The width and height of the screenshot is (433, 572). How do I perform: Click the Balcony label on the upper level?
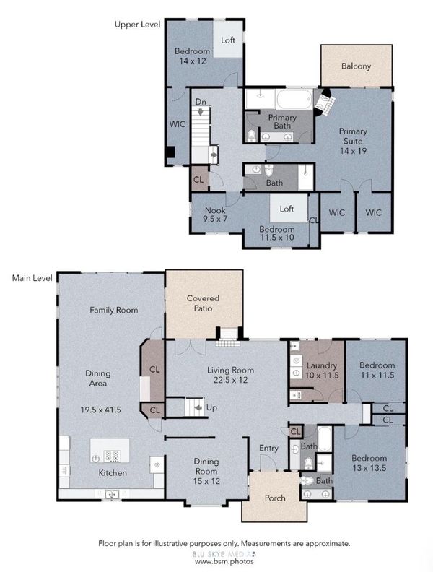tap(356, 66)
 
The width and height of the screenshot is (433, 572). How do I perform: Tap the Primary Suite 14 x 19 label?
tap(353, 141)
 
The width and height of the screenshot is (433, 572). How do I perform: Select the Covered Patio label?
tap(203, 303)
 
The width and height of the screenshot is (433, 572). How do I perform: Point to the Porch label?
tap(275, 498)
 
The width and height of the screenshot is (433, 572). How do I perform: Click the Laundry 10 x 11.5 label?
tap(322, 370)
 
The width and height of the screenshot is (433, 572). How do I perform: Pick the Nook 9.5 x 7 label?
tap(215, 214)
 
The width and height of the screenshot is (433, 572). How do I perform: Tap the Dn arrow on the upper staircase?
tap(200, 112)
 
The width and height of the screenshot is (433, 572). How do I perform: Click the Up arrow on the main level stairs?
tap(198, 407)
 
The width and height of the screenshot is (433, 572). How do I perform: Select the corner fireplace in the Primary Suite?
tap(324, 103)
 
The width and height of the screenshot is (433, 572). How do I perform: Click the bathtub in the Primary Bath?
tap(294, 99)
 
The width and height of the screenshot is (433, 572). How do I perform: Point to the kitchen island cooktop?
tap(112, 456)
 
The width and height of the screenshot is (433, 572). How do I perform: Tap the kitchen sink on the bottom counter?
tap(113, 494)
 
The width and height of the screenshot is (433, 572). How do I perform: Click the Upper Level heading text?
tap(137, 25)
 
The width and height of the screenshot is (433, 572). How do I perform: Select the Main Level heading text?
tap(32, 278)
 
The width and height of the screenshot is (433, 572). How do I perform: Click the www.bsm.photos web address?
tap(224, 562)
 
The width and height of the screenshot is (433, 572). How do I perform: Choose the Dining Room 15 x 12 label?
tap(206, 471)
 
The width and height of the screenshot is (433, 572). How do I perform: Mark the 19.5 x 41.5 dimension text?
tap(100, 409)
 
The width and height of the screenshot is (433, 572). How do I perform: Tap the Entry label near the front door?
tap(268, 448)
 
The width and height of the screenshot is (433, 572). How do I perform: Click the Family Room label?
tap(114, 310)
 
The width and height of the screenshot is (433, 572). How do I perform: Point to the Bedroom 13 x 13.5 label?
tap(369, 463)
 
